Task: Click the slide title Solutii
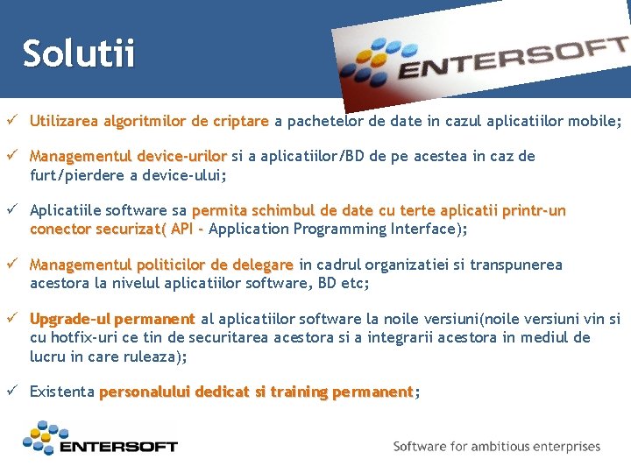pyautogui.click(x=79, y=53)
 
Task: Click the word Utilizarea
pyautogui.click(x=64, y=121)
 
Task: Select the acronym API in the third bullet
pyautogui.click(x=183, y=229)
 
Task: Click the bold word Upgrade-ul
pyautogui.click(x=70, y=319)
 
